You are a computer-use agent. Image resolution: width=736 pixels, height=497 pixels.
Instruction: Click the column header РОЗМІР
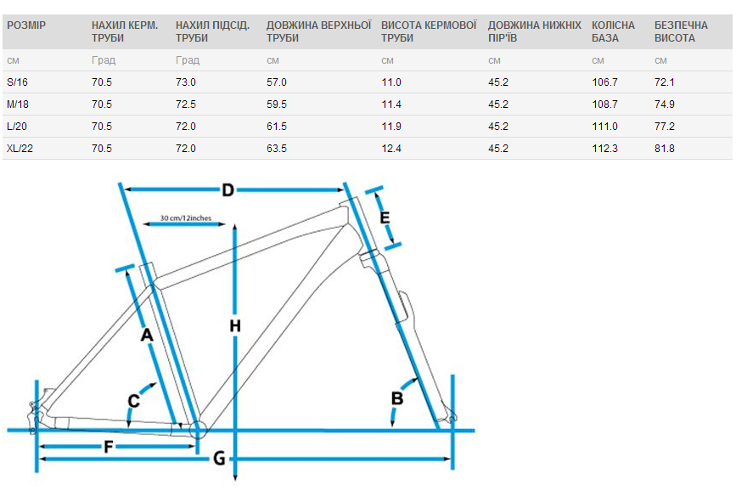[26, 25]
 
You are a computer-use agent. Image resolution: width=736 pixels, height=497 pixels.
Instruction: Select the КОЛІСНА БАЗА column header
[613, 31]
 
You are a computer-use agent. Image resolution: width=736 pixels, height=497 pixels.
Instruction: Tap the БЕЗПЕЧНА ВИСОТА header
[681, 31]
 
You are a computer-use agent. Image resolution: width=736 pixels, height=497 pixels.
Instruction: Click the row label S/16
[17, 82]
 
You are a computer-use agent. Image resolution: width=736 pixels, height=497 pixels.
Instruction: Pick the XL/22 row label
[20, 149]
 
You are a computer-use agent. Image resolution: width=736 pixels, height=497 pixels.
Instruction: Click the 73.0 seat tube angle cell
[186, 82]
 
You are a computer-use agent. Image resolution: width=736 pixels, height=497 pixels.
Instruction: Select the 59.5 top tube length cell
[277, 104]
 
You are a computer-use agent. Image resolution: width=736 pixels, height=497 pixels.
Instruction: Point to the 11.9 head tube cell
[391, 127]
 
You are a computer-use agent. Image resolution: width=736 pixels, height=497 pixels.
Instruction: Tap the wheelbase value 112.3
[605, 149]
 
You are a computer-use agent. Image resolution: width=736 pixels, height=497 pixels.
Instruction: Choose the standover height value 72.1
[665, 82]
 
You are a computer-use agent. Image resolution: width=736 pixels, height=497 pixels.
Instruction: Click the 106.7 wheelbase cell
[605, 82]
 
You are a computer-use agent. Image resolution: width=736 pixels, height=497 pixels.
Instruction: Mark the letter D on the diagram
[228, 190]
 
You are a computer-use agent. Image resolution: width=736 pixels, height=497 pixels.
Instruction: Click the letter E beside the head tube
[385, 217]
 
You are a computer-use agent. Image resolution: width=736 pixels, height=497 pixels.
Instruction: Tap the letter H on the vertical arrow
[235, 325]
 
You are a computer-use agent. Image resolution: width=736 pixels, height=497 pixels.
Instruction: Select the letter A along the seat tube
[147, 335]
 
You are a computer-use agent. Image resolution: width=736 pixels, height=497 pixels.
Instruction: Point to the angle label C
[134, 401]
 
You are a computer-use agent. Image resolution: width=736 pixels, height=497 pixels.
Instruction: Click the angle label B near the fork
[397, 398]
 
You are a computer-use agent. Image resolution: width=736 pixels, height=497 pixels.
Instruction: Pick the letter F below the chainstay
[109, 447]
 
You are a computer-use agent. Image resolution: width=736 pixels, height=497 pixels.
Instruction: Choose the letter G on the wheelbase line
[219, 458]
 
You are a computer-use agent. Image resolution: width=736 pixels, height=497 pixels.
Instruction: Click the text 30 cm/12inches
[185, 218]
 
